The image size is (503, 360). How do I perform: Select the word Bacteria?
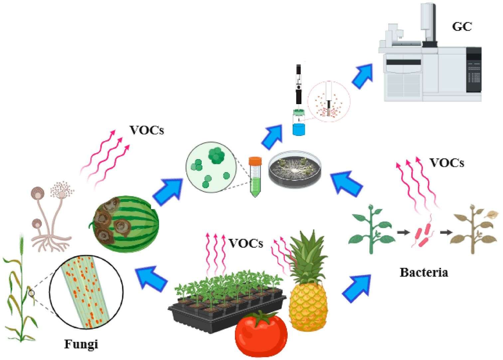click(424, 272)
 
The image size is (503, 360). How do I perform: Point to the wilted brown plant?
click(474, 229)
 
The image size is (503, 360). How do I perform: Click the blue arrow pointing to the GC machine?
click(362, 76)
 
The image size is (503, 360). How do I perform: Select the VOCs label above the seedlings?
click(246, 243)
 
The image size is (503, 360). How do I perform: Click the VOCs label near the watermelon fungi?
click(147, 130)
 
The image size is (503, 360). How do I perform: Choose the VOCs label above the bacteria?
click(447, 163)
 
